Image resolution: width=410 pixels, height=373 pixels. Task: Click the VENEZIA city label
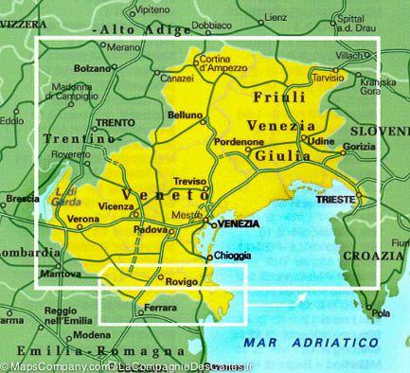pos(237,222)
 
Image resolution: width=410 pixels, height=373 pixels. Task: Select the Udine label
pos(322,140)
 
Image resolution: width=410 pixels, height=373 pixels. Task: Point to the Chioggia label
pos(232,257)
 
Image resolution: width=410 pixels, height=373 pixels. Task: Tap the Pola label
pos(382,313)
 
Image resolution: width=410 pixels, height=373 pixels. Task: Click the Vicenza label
pos(116,206)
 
